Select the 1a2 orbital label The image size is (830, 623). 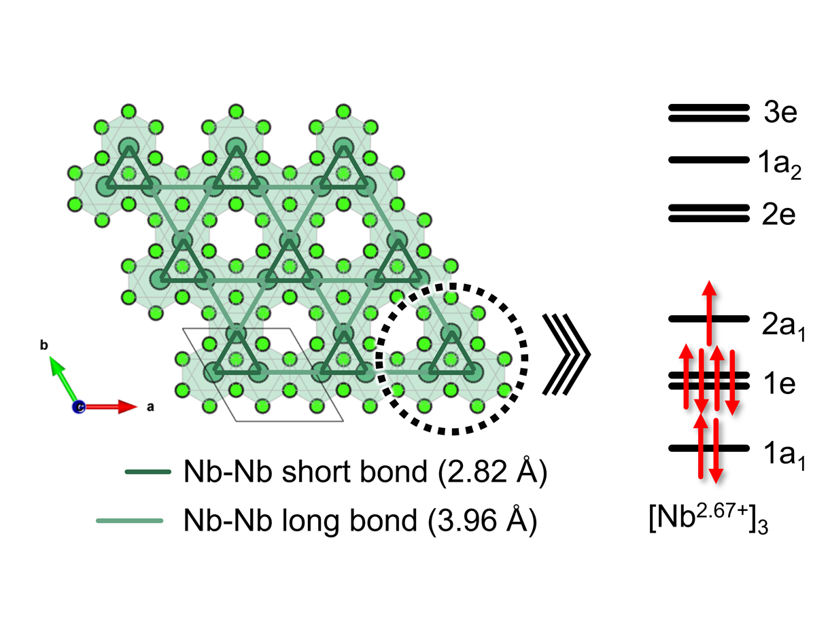point(780,164)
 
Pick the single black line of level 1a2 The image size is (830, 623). point(708,160)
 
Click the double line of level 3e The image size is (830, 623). point(708,113)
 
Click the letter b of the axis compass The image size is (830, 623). point(44,345)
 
